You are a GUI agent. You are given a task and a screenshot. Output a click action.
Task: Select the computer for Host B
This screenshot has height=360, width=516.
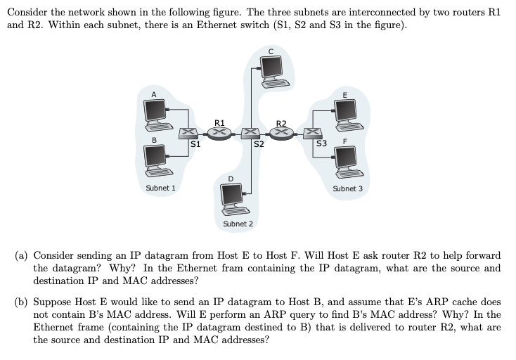click(155, 160)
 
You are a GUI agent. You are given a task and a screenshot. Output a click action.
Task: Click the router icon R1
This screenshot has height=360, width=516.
click(219, 133)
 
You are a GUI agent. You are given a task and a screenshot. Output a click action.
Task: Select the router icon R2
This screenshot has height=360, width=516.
click(282, 133)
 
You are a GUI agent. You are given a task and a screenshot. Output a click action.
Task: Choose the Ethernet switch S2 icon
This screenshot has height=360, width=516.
click(251, 133)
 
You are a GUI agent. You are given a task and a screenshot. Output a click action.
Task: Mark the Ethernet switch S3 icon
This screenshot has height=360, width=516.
click(314, 133)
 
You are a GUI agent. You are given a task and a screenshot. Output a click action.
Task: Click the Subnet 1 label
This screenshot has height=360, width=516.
click(160, 188)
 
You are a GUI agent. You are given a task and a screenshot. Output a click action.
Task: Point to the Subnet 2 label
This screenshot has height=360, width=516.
click(238, 224)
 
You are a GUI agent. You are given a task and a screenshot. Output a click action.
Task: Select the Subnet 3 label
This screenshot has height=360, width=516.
click(348, 188)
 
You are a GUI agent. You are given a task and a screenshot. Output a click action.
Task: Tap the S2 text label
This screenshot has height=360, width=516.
click(259, 145)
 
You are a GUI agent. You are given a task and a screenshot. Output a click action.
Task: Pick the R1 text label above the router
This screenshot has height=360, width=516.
click(219, 122)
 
